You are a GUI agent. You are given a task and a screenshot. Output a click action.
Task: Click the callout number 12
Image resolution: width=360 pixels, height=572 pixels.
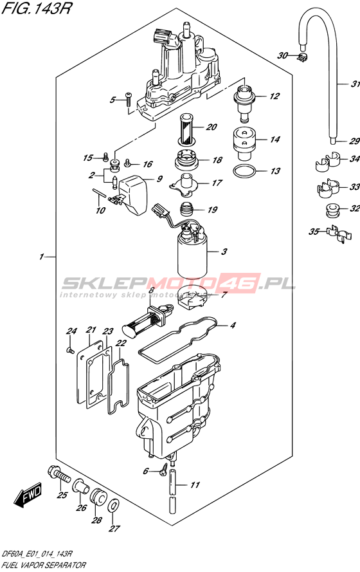pos(274,96)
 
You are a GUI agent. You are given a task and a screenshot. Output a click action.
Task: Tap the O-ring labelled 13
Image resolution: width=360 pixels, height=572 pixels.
pos(242,171)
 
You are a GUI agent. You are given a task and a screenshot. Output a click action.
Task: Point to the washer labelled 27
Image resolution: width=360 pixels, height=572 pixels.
pos(113,506)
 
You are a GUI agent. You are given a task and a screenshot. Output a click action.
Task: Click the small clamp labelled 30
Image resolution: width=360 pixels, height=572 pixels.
pos(302,57)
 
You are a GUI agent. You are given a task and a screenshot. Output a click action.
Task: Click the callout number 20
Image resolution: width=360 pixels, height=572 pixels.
pos(212,127)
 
